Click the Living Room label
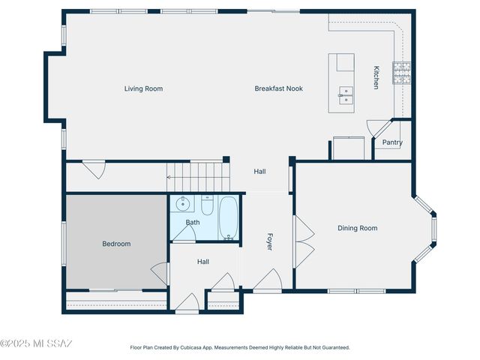click(x=143, y=88)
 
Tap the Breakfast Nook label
click(x=278, y=88)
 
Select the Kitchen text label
click(x=376, y=78)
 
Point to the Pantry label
click(x=392, y=142)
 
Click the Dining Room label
click(x=357, y=228)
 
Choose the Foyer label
click(x=270, y=241)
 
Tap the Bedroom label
click(x=116, y=244)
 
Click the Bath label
click(x=193, y=222)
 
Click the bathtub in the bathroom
click(x=228, y=217)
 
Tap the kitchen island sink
click(x=346, y=94)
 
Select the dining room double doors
click(x=303, y=241)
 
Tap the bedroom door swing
click(x=160, y=273)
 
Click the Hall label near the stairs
click(x=259, y=172)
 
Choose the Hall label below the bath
click(x=203, y=262)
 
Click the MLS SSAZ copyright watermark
click(x=36, y=344)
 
